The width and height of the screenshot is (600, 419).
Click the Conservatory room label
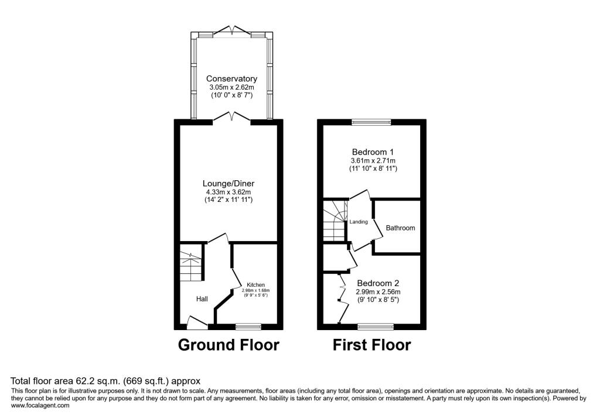[231, 79]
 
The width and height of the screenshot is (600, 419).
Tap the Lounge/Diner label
[229, 184]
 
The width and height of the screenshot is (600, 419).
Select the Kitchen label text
[255, 285]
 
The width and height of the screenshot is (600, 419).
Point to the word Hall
[202, 298]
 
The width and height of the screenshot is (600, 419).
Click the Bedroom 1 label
[373, 152]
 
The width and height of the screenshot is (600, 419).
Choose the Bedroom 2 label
[378, 283]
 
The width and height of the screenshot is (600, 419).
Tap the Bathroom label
[400, 228]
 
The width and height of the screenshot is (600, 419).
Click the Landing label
[359, 222]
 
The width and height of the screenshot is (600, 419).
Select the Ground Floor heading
[229, 345]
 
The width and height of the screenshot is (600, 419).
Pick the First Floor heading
[371, 345]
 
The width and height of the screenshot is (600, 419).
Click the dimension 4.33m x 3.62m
[229, 193]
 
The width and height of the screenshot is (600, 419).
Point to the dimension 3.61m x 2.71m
[373, 160]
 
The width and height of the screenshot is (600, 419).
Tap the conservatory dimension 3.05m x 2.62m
[231, 87]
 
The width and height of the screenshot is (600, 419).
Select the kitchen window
[248, 327]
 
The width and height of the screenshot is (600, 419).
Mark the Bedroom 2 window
[376, 327]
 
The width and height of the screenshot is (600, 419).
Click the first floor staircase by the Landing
[335, 221]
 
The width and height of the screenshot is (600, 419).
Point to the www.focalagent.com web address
[40, 406]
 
